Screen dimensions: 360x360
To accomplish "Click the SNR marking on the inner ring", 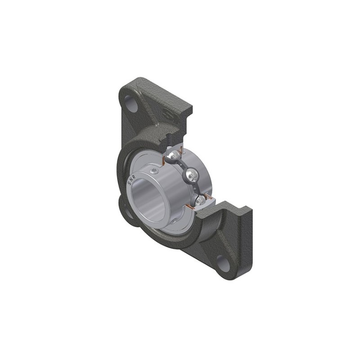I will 132,179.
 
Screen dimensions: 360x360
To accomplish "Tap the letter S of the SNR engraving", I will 130,183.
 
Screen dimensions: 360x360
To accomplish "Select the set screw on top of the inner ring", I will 155,171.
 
